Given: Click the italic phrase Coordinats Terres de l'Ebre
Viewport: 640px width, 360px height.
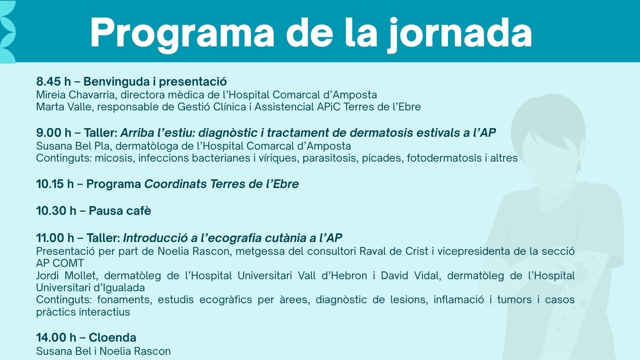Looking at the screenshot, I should click(221, 185).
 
